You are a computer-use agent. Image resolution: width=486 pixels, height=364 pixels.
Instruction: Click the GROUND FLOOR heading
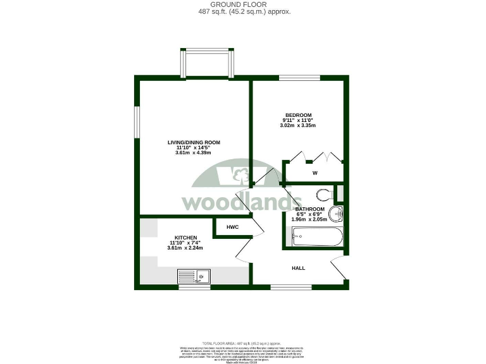pyautogui.click(x=243, y=4)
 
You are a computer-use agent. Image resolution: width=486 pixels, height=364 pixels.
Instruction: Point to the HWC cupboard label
pyautogui.click(x=232, y=227)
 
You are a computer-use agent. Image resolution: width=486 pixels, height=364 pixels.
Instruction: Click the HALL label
pyautogui.click(x=298, y=268)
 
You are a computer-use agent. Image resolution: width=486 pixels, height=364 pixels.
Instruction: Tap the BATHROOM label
pyautogui.click(x=310, y=209)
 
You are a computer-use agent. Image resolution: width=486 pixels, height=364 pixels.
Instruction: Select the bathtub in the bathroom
pyautogui.click(x=317, y=238)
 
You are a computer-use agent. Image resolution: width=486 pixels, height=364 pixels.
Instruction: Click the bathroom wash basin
pyautogui.click(x=338, y=214)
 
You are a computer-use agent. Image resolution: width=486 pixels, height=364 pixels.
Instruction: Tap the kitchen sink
pyautogui.click(x=194, y=276)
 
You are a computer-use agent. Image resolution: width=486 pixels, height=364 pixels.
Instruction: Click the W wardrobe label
pyautogui.click(x=315, y=173)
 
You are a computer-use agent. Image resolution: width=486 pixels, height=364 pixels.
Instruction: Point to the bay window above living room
pyautogui.click(x=208, y=63)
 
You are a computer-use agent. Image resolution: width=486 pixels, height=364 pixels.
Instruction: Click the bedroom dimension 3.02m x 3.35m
pyautogui.click(x=297, y=126)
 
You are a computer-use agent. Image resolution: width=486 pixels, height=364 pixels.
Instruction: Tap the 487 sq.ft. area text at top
pyautogui.click(x=243, y=11)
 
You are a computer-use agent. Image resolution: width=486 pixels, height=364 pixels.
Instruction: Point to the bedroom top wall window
pyautogui.click(x=299, y=78)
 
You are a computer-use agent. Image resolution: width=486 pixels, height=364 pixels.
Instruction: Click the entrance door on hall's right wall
pyautogui.click(x=339, y=269)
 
